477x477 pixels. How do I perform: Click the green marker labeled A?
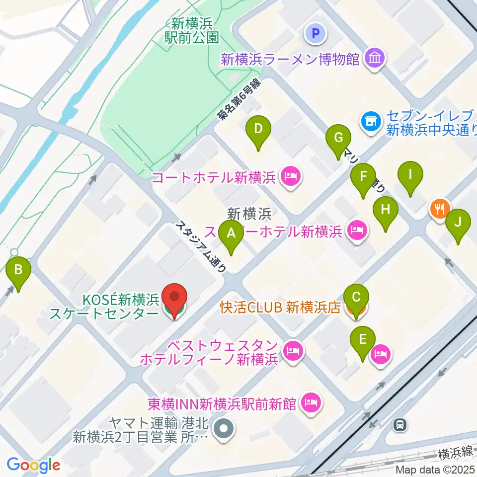[231, 233]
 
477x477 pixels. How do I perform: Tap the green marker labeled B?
[18, 270]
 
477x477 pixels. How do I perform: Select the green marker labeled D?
[258, 129]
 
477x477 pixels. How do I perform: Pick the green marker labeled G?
[339, 138]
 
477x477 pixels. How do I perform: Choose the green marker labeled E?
[363, 340]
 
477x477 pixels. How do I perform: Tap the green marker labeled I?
[410, 175]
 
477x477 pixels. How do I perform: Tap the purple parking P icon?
[315, 34]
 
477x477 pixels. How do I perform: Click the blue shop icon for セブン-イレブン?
[370, 120]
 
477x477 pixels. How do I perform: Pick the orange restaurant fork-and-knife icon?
[440, 208]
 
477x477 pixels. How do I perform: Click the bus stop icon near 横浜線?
[400, 425]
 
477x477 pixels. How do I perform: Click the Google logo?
[33, 465]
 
